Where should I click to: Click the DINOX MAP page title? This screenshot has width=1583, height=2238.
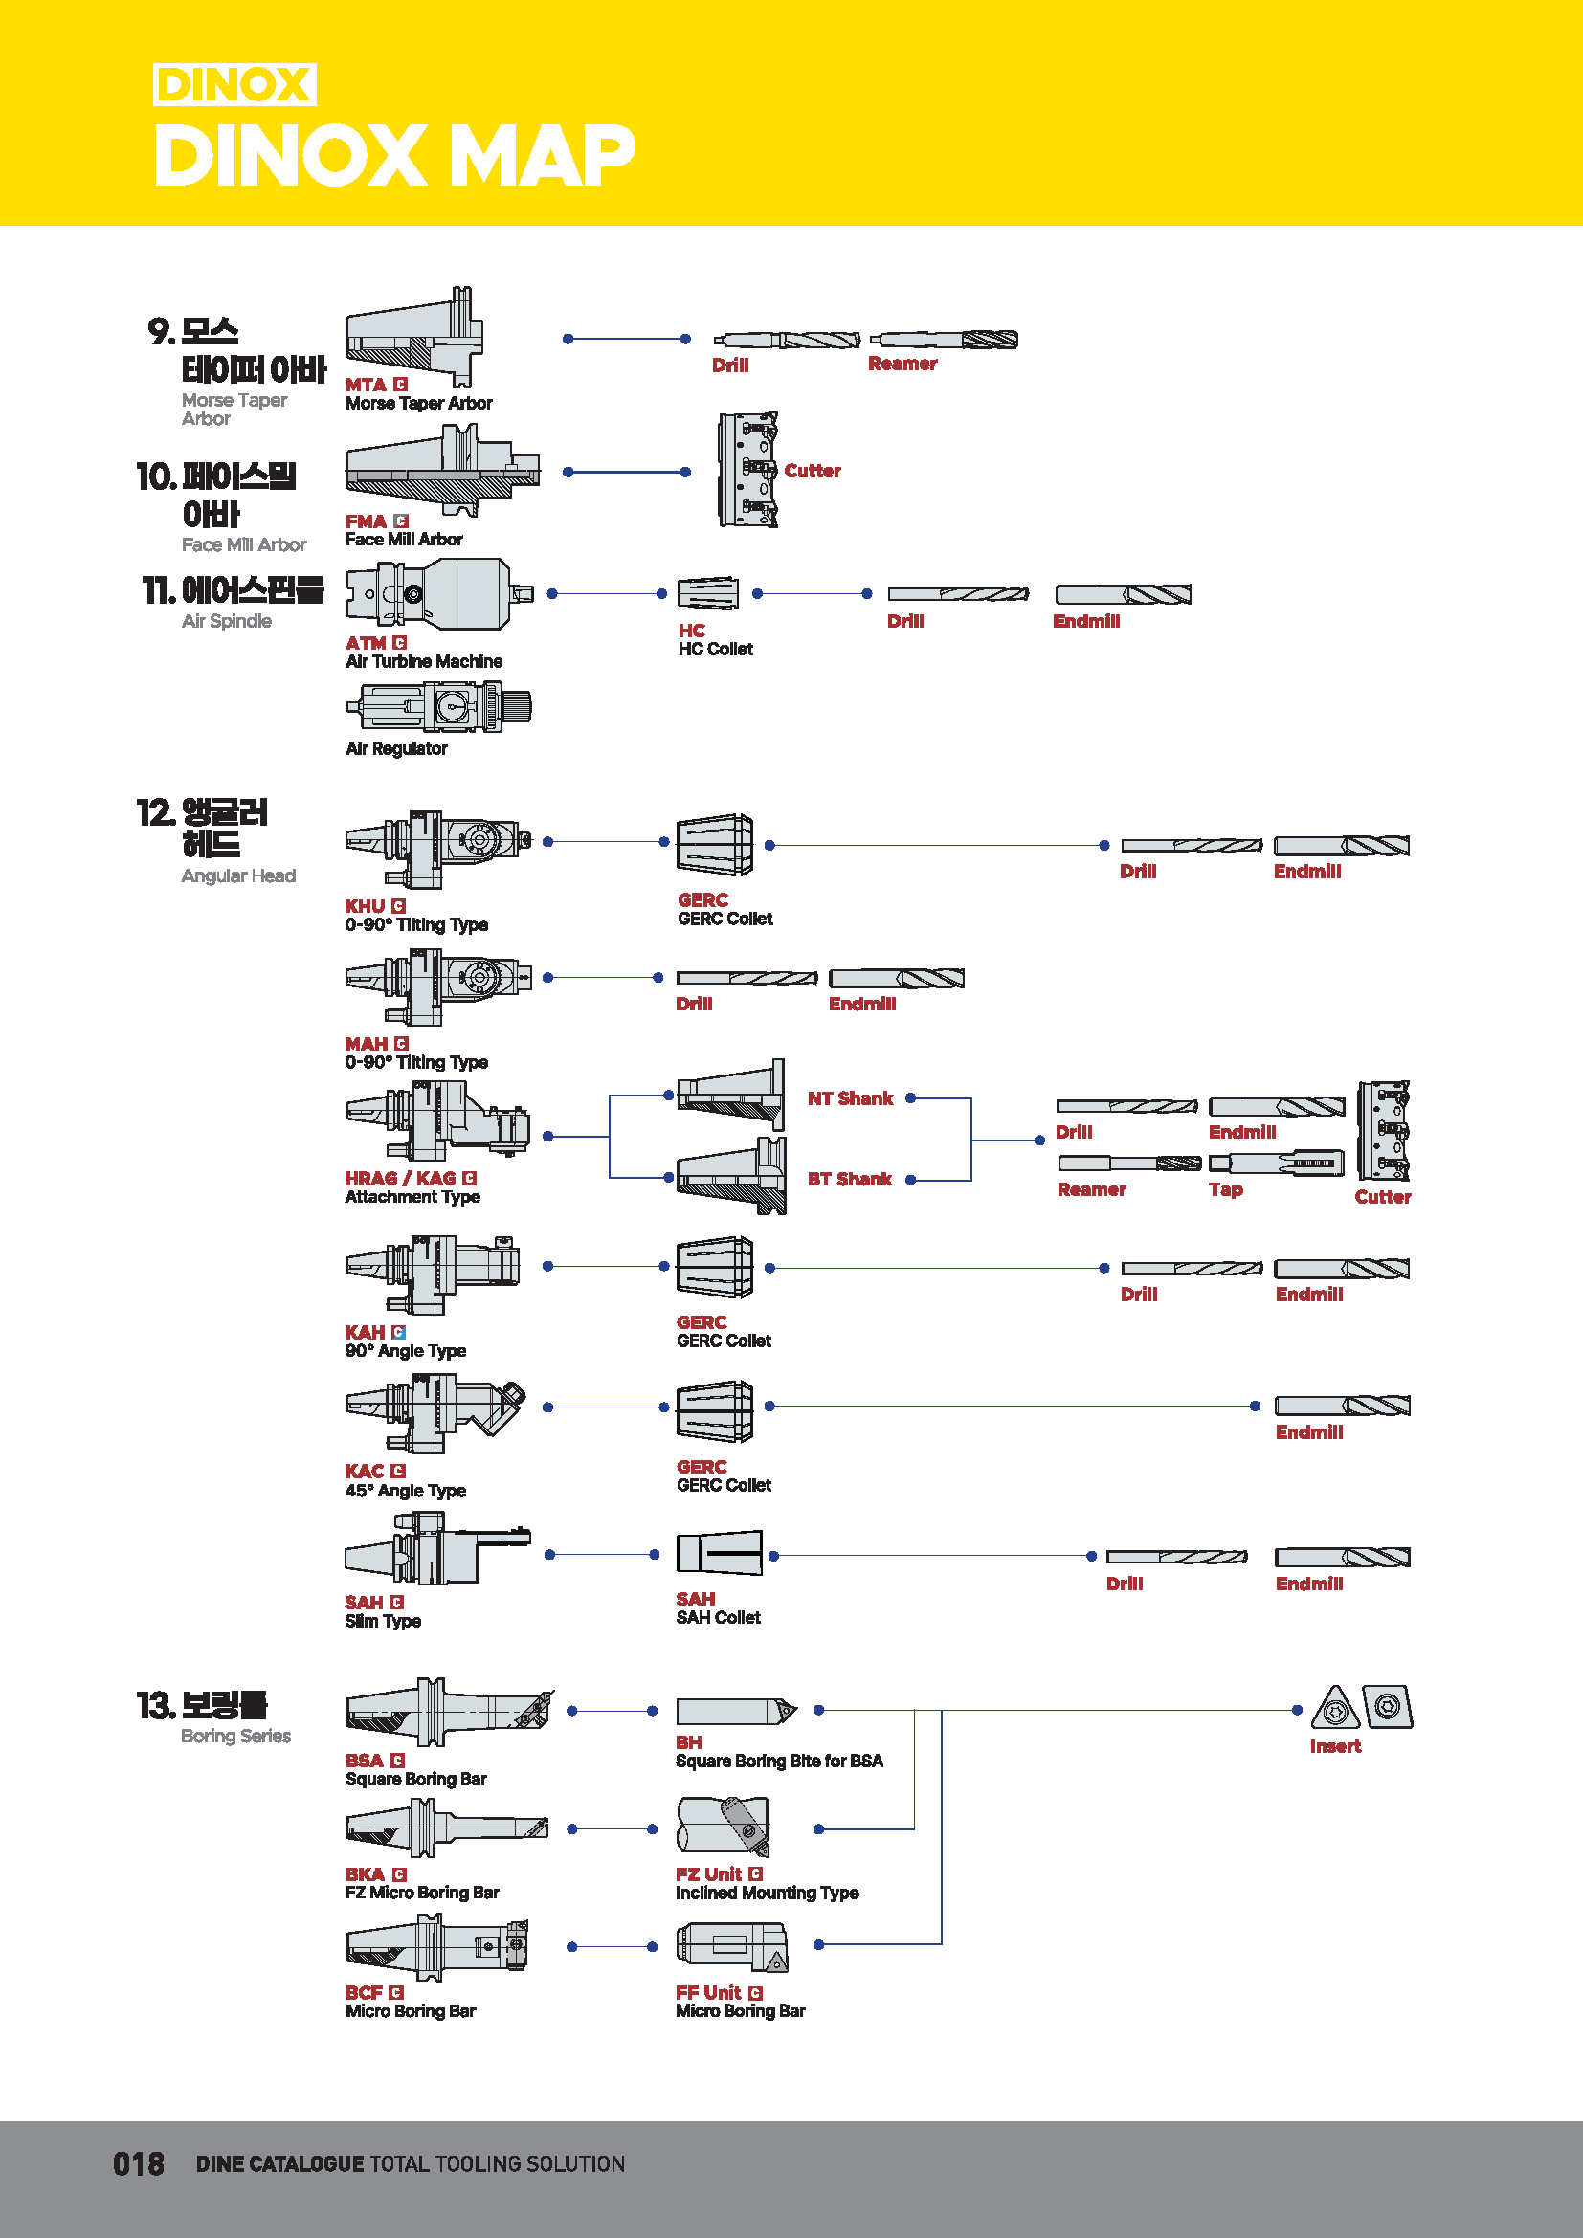(x=394, y=155)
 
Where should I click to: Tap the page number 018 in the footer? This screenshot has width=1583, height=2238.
(x=139, y=2164)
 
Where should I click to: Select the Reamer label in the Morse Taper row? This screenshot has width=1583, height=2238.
(x=903, y=364)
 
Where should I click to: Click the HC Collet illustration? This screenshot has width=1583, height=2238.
(x=708, y=592)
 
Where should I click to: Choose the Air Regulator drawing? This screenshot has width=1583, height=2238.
(x=439, y=707)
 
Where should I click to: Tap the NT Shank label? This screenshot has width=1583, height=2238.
(x=850, y=1098)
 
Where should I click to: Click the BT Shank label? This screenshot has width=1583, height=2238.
(x=849, y=1179)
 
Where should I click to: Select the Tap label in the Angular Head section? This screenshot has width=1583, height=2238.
(x=1225, y=1189)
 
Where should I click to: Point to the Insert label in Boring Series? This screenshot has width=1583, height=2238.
(x=1335, y=1746)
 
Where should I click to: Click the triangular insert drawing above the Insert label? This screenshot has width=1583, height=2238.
(x=1335, y=1708)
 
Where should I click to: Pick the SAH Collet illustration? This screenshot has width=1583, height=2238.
(x=720, y=1553)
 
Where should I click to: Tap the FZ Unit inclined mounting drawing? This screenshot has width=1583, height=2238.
(x=724, y=1826)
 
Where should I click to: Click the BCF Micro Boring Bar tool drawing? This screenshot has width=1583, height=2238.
(x=437, y=1946)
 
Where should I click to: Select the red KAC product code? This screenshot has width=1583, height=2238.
(x=365, y=1471)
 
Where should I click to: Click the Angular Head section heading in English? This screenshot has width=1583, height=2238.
(x=238, y=875)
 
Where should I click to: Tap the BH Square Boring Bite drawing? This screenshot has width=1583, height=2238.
(x=736, y=1711)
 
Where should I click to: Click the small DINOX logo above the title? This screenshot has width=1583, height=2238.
(x=234, y=85)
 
